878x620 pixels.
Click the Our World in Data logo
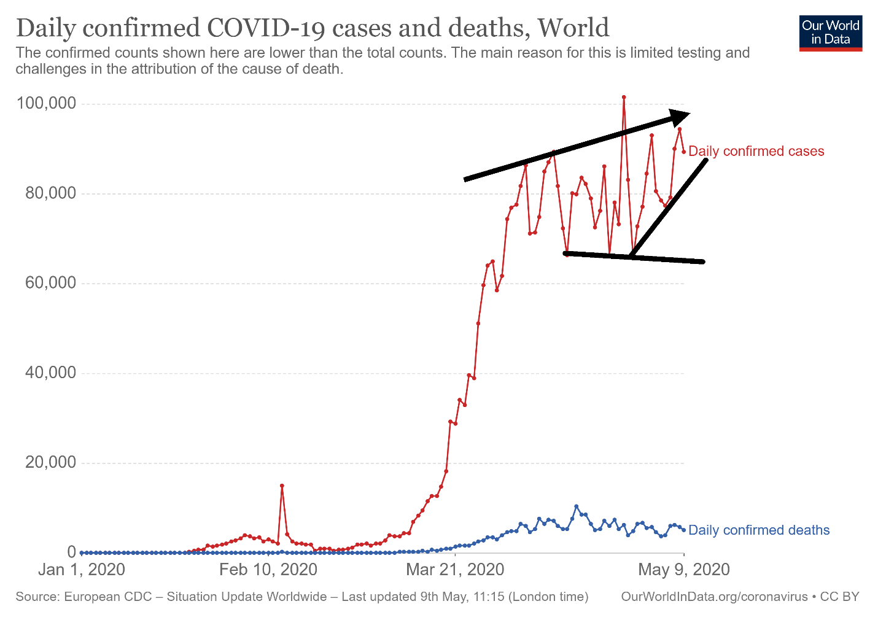[x=831, y=33]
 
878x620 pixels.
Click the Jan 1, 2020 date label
[x=81, y=570]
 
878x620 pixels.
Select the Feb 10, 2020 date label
[x=268, y=570]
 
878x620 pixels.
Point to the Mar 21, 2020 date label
[x=455, y=570]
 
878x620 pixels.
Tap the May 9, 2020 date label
[x=684, y=570]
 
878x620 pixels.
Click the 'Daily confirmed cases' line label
[x=756, y=151]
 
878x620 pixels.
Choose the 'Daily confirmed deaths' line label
[x=759, y=530]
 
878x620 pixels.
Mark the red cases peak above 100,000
[x=624, y=97]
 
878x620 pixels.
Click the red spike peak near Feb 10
[x=282, y=486]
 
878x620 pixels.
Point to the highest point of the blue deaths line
[x=576, y=506]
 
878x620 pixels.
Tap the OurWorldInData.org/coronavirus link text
[x=714, y=597]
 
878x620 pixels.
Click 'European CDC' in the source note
[x=108, y=597]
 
